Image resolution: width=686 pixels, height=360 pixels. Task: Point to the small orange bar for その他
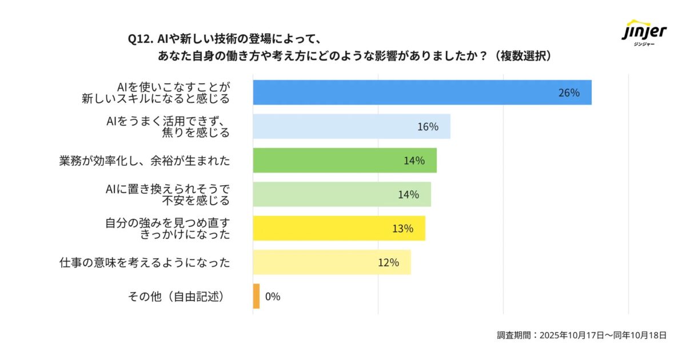coord(256,297)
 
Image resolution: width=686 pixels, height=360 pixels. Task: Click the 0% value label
coord(273,297)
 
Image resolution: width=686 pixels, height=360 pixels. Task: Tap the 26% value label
coord(569,93)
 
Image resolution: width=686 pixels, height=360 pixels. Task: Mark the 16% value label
coord(428,127)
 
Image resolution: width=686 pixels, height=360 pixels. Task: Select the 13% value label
coord(402,229)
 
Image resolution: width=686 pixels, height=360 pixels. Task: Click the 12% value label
coord(388,263)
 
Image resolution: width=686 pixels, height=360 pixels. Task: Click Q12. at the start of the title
coord(141,39)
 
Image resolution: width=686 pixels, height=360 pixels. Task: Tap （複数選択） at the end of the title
coord(523,56)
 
